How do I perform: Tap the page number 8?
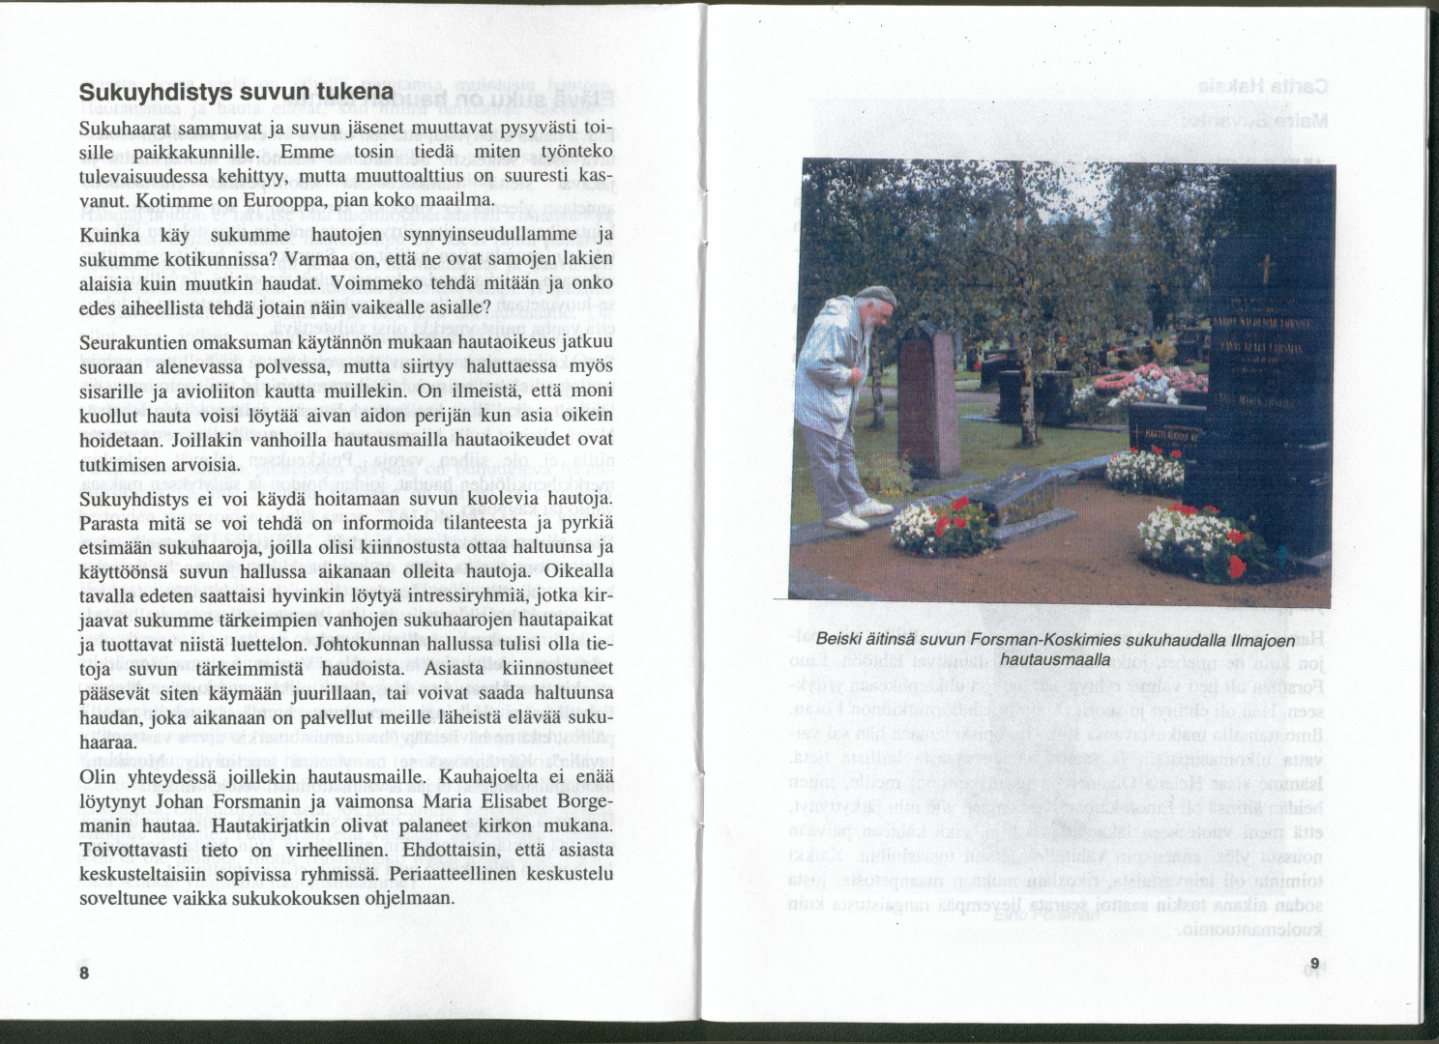tap(84, 972)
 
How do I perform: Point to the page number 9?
tap(1314, 963)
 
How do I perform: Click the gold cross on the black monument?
tap(1263, 268)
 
